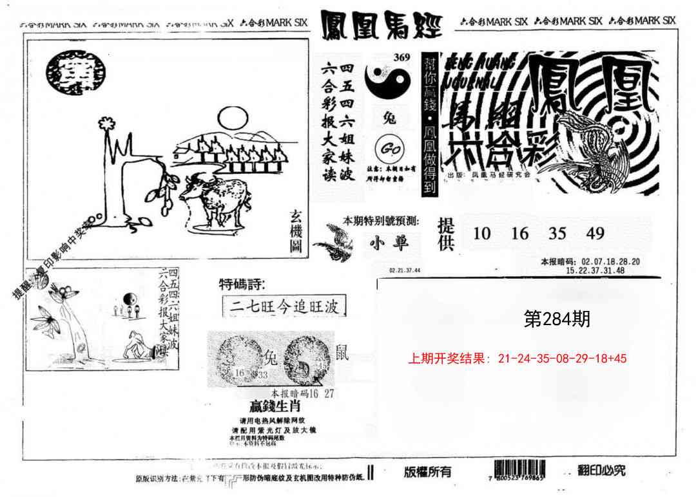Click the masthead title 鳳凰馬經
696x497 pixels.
point(381,24)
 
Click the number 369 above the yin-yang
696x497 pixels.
point(401,57)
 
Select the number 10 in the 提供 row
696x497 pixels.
point(481,234)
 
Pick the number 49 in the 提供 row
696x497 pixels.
point(595,234)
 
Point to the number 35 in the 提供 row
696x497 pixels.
point(557,234)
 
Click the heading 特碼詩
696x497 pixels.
point(242,284)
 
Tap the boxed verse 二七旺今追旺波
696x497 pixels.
point(284,306)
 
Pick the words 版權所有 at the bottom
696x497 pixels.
point(427,472)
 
